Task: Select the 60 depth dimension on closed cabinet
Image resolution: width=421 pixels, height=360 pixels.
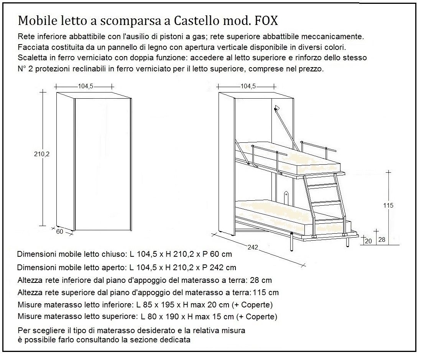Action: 59,231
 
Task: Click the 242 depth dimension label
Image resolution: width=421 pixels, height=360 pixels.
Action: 252,248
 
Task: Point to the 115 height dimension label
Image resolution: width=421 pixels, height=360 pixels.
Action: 388,205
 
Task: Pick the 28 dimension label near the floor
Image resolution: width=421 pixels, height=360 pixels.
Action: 382,239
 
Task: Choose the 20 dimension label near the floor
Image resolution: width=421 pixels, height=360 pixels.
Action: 368,241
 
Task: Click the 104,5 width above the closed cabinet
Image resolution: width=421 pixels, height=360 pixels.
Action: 86,86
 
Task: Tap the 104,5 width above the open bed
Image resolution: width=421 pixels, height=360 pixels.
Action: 248,86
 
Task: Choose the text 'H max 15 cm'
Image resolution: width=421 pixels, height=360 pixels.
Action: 209,317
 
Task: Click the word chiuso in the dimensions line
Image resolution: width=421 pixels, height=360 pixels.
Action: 113,254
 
